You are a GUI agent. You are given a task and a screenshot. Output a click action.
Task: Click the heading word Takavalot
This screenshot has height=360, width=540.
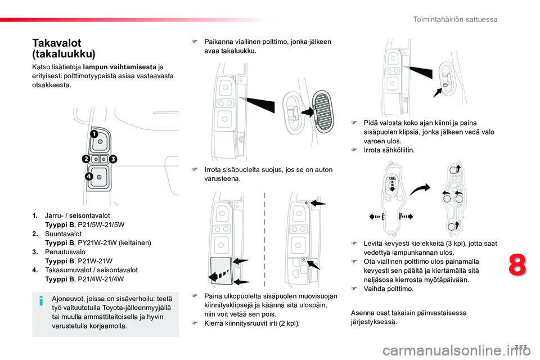pos(57,43)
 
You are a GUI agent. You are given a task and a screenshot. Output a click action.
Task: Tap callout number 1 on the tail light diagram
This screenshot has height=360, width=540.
pos(94,134)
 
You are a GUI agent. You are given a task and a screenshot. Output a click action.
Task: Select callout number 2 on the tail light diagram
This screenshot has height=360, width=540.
pos(86,159)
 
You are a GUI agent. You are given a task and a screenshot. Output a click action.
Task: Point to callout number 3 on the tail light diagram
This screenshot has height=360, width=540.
pos(113,159)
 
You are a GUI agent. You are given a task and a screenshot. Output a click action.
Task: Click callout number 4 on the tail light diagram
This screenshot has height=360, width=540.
pos(89,177)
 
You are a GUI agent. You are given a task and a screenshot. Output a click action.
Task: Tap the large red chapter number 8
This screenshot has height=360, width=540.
pos(517,264)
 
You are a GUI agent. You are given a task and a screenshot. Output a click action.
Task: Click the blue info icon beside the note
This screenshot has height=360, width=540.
pos(41,301)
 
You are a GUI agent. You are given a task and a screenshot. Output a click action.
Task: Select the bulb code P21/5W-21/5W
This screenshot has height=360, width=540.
pos(101,224)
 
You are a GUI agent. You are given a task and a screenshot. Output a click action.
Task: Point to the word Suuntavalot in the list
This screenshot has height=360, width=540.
pos(64,233)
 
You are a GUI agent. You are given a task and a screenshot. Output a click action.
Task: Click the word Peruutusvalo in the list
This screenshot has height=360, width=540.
pos(65,252)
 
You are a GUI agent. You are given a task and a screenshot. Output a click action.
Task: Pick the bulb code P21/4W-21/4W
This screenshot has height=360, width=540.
pos(101,279)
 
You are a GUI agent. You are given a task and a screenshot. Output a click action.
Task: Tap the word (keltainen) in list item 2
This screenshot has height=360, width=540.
pos(134,243)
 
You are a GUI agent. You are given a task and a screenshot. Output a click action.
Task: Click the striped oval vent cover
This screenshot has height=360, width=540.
pos(323,111)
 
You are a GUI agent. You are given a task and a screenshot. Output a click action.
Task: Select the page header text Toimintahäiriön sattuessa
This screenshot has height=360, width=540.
pos(455,19)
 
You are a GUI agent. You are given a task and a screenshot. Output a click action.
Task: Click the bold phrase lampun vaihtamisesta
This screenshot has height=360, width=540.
pos(120,67)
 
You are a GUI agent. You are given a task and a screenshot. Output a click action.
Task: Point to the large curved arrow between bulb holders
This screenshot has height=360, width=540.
pos(420,189)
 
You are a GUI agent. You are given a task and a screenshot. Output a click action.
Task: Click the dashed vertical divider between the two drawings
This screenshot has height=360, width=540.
pos(264,240)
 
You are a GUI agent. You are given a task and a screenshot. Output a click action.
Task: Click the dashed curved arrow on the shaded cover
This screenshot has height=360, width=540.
pos(219,274)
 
